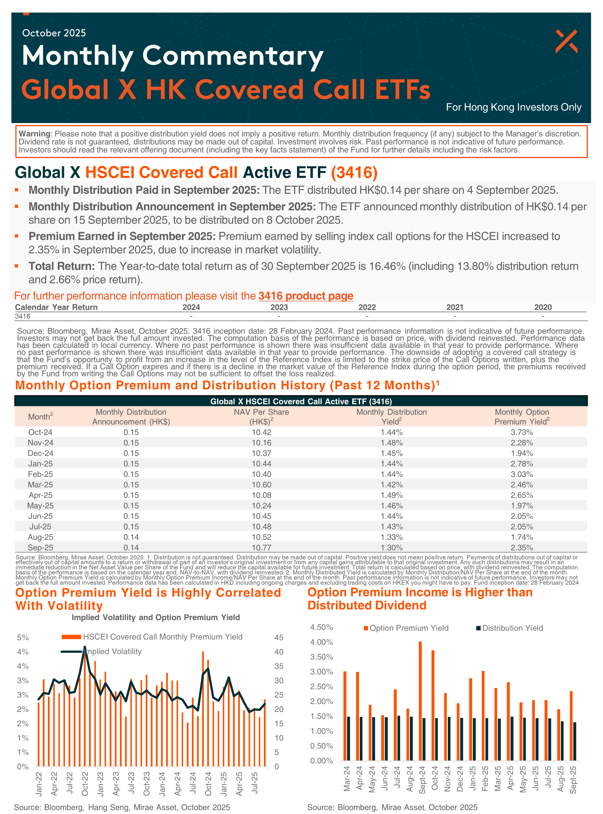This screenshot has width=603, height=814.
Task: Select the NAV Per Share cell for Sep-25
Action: point(261,547)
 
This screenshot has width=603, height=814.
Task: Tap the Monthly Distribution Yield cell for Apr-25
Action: point(391,495)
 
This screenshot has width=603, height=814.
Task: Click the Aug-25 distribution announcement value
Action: point(131,537)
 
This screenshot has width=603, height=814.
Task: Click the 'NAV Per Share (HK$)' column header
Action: point(261,417)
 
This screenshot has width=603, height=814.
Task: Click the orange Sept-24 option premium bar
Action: point(420,700)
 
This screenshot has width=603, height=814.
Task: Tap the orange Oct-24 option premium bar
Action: point(433,705)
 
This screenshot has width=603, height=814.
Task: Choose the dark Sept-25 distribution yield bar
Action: point(575,741)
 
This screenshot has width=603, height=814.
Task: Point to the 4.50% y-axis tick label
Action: point(321,627)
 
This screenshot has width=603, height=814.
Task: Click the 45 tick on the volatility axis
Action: point(279,637)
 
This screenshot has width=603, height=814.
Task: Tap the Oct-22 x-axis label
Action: point(85,784)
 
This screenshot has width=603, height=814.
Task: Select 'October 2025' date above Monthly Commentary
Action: point(54,33)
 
